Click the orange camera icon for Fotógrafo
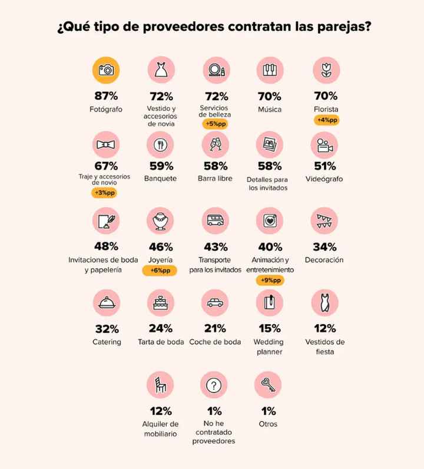107,71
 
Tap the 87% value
107,96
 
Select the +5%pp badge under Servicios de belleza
214,124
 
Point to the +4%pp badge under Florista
326,121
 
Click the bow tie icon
107,144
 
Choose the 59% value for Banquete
161,166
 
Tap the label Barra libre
214,179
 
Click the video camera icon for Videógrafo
324,144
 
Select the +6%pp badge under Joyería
161,270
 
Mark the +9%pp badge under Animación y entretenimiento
269,280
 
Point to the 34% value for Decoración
324,247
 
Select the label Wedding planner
269,346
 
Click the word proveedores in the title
179,28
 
